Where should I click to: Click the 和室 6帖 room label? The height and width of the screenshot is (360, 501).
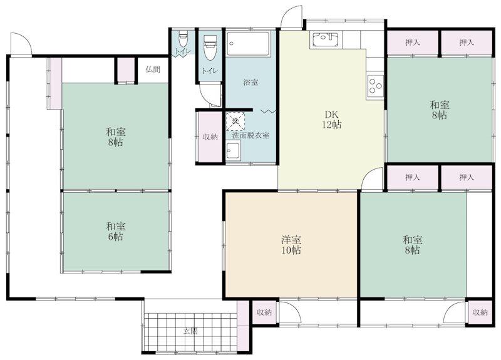(114, 231)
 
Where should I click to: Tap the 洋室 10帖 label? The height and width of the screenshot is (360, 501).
(291, 245)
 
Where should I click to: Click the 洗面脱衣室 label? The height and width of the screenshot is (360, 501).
(250, 135)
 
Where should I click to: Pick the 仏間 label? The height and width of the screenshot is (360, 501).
(152, 69)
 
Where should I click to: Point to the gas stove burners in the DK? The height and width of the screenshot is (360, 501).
(375, 85)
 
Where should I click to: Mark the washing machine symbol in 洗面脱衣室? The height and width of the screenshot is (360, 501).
(235, 119)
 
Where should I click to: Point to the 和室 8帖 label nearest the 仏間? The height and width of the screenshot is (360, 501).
(114, 137)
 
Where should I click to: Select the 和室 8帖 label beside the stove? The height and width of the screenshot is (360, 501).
(439, 110)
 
